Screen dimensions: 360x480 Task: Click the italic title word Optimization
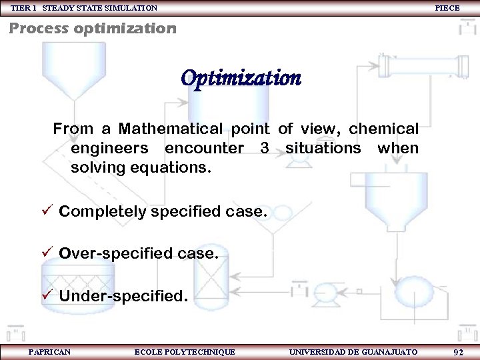click(241, 79)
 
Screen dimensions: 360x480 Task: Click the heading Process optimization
click(92, 29)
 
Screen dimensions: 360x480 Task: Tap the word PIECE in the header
click(447, 8)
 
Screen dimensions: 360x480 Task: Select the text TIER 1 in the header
click(23, 8)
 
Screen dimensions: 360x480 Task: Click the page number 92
click(458, 352)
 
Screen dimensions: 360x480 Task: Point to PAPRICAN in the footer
click(49, 352)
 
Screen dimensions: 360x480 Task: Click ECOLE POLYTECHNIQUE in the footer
click(185, 352)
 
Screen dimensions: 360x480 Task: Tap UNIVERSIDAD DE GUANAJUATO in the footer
click(353, 352)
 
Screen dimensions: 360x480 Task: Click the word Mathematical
click(171, 128)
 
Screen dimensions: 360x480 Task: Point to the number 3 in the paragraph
click(265, 148)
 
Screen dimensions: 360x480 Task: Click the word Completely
click(103, 212)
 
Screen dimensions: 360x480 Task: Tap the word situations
click(323, 148)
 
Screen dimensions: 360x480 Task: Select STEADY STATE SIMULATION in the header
click(100, 8)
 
